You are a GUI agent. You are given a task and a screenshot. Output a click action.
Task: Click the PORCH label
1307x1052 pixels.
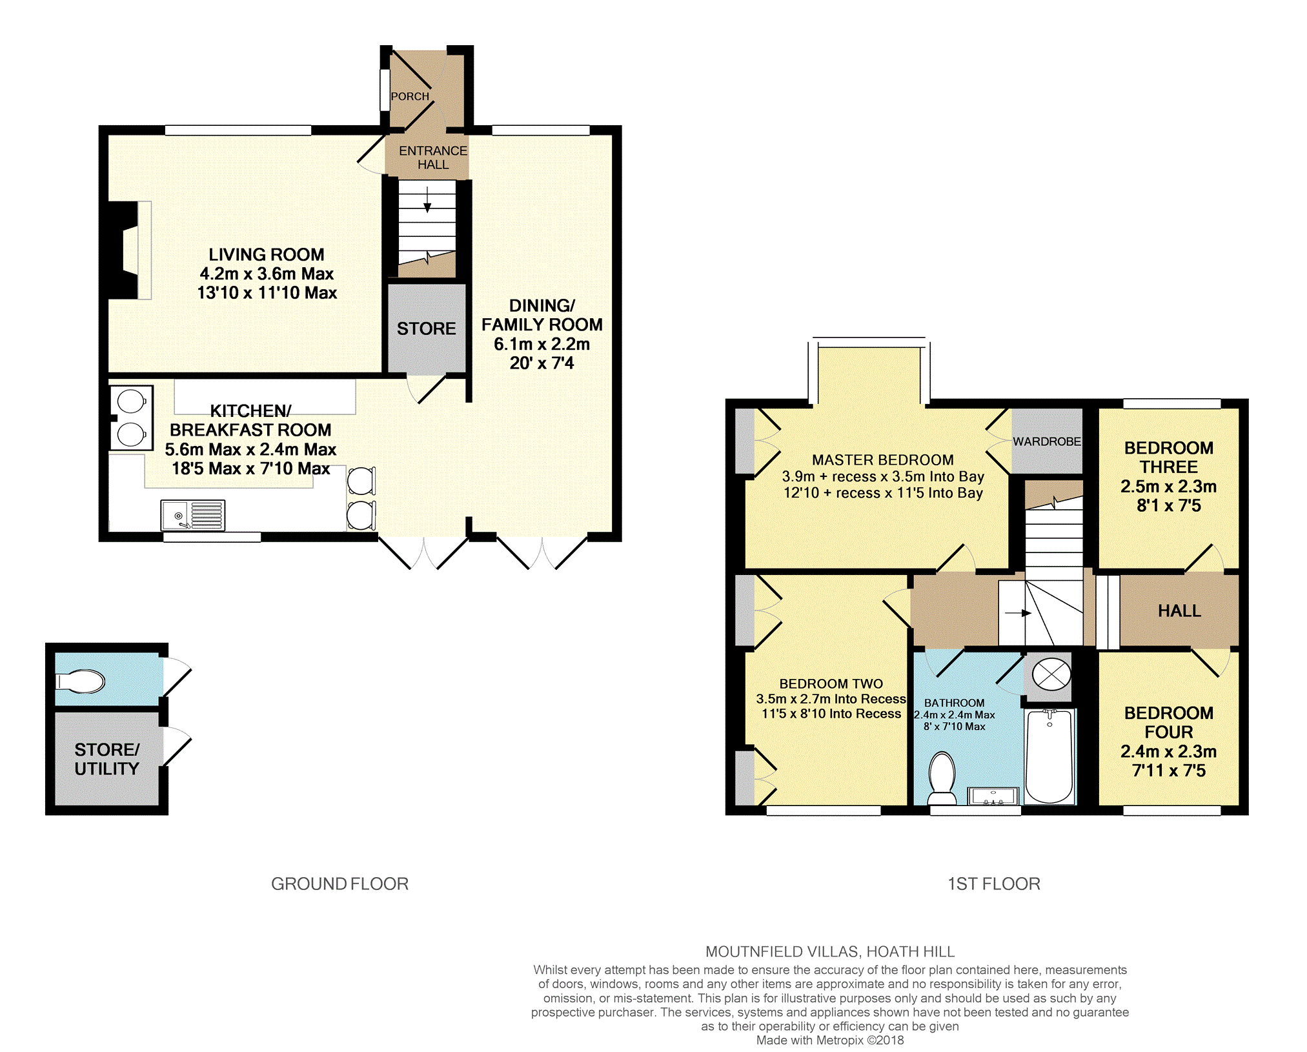point(410,96)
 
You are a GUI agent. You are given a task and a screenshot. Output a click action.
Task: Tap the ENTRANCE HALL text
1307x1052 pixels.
point(432,157)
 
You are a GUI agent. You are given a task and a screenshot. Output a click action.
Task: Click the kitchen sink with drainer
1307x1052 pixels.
point(192,515)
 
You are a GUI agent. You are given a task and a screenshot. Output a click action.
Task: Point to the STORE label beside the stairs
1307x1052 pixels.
point(426,329)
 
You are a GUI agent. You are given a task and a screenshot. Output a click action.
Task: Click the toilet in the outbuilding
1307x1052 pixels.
point(80,682)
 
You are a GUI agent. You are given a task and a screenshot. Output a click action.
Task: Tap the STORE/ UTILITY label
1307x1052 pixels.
point(106,759)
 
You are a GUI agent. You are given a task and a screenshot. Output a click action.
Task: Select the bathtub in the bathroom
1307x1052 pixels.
point(1049,756)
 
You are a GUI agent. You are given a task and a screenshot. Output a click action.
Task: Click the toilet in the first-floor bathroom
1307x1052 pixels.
point(942,778)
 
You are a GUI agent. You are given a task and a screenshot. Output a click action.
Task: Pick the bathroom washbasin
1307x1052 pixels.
point(993,796)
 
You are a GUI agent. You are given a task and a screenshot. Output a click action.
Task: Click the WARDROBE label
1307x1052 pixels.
point(1046,441)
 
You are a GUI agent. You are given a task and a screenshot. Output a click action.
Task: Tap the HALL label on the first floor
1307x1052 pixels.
point(1179,611)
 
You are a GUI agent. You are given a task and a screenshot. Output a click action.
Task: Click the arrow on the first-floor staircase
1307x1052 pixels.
point(1018,613)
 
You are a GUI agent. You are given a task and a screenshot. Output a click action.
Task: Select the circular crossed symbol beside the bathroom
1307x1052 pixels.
point(1051,674)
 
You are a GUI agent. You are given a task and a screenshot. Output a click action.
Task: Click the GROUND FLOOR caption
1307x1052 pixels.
point(339,884)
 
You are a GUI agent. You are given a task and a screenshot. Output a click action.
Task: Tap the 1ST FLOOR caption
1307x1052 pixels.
point(993,884)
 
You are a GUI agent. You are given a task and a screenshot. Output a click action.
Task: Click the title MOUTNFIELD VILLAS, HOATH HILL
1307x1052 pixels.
point(830,951)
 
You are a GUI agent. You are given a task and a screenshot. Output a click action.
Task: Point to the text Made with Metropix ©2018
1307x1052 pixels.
point(830,1040)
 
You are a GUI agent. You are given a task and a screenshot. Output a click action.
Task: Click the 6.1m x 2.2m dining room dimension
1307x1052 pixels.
point(542,344)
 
